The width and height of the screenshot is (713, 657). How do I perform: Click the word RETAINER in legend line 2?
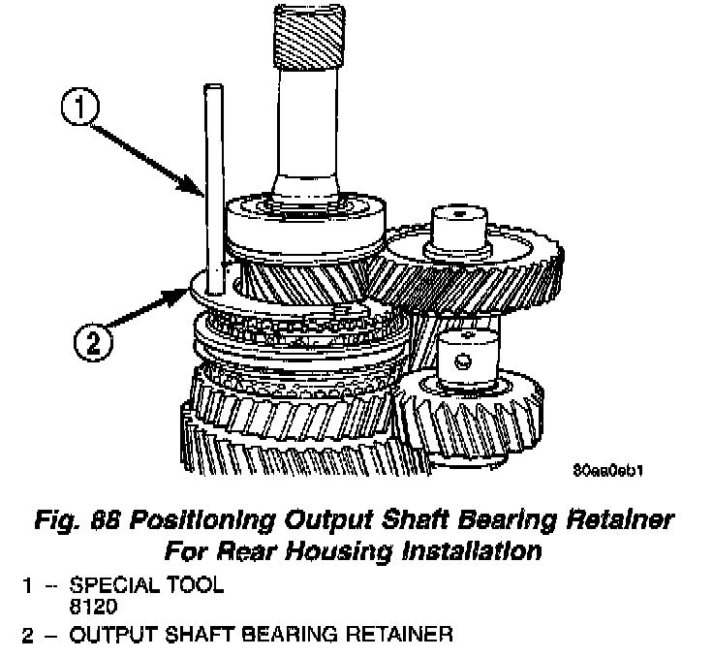point(397,636)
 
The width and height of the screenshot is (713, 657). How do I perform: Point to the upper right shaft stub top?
point(455,212)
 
